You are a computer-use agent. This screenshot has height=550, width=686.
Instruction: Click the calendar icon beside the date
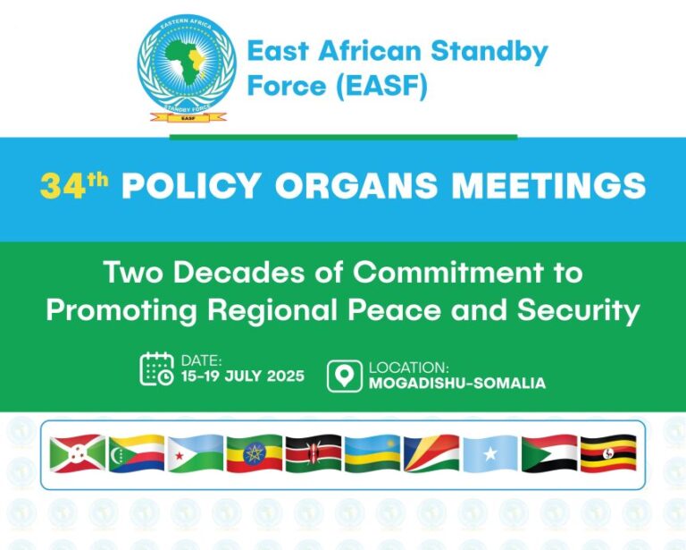[157, 368]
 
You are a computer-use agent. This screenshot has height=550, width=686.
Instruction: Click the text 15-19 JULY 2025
[242, 377]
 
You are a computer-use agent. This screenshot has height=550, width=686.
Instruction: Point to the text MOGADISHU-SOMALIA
[456, 384]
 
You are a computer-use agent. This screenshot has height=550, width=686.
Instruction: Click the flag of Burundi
[78, 453]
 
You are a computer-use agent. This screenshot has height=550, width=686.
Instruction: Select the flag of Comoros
[137, 453]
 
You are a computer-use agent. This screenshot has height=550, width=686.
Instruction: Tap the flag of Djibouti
[196, 453]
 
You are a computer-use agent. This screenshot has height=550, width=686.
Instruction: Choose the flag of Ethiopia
[255, 453]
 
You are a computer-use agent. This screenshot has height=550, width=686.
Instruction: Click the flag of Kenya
[314, 453]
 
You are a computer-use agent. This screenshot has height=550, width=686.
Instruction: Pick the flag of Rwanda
[372, 453]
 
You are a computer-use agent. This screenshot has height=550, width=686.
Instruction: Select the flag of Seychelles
[431, 453]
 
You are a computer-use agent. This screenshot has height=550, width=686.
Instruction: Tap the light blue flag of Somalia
[490, 453]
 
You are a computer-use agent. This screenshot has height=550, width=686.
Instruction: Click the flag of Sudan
[549, 453]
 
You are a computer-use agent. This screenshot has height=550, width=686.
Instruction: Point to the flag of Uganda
[608, 453]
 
